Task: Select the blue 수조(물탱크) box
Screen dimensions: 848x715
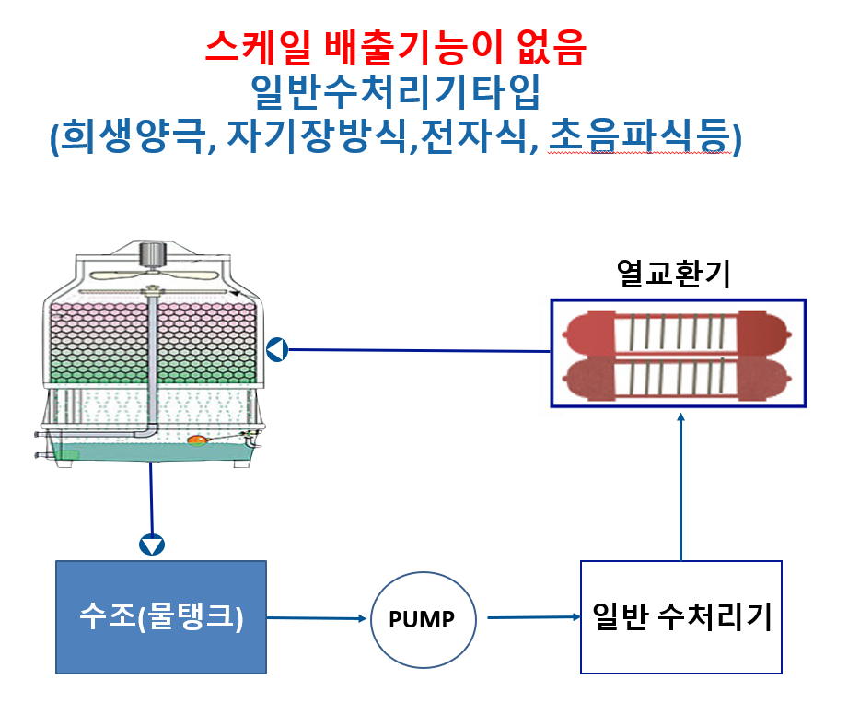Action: coord(161,617)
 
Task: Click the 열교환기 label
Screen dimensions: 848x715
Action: coord(673,274)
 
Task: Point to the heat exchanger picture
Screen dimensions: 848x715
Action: coord(679,353)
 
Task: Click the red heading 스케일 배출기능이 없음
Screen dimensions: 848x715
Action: coord(395,48)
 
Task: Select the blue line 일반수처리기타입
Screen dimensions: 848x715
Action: coord(395,91)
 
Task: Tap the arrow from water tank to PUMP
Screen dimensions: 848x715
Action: coord(317,618)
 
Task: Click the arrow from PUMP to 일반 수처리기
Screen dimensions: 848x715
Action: coord(534,617)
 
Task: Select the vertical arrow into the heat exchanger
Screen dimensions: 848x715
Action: coord(681,486)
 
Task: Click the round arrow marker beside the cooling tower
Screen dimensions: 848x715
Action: coord(277,349)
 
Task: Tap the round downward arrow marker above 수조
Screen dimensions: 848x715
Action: coord(152,545)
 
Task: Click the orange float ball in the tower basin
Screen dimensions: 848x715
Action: coord(197,440)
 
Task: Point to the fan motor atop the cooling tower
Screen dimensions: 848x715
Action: coord(153,255)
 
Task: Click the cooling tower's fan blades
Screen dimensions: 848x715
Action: coord(154,275)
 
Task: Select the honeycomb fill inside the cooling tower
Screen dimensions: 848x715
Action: coord(154,343)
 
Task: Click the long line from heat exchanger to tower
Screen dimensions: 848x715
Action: coord(420,351)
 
